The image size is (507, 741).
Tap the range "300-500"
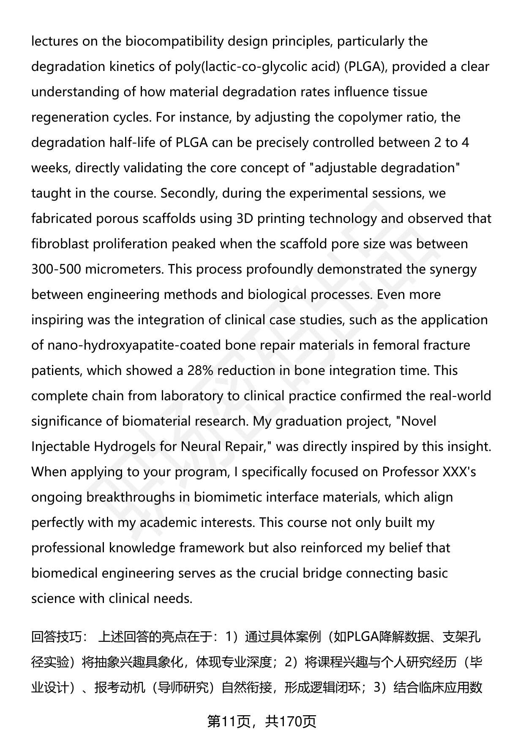(56, 269)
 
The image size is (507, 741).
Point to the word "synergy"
(453, 269)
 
